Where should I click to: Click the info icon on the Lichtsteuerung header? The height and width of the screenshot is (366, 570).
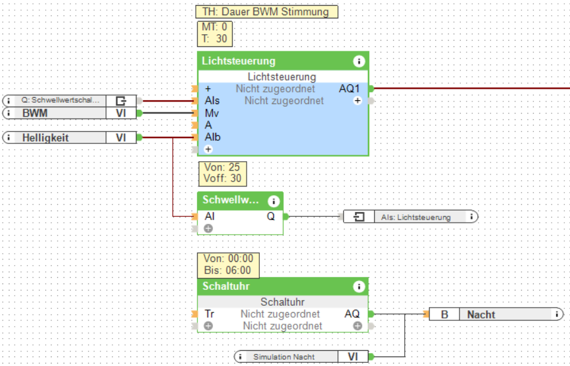359,62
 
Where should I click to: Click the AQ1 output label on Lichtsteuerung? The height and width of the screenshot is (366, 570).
349,89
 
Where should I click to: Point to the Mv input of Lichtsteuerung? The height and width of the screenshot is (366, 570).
212,113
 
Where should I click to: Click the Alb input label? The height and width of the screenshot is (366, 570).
212,137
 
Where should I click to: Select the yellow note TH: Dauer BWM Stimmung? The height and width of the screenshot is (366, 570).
266,12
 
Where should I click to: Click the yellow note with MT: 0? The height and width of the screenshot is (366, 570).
214,33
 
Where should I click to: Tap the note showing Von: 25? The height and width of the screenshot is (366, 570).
222,173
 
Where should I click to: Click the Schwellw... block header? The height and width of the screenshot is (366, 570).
231,200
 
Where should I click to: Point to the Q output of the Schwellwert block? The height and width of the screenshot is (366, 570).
271,216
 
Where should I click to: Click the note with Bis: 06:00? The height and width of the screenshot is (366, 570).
227,265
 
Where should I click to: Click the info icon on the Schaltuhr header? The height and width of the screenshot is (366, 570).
359,287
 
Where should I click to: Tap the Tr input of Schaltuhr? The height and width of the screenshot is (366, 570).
210,314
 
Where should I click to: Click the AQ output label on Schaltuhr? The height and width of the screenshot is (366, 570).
351,314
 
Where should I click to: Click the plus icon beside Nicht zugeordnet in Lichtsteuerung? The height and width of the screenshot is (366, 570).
358,100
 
